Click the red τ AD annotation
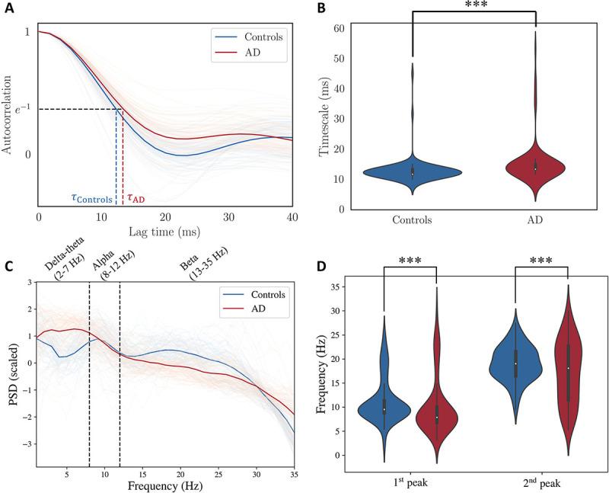pyautogui.click(x=137, y=197)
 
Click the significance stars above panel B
pyautogui.click(x=474, y=5)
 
